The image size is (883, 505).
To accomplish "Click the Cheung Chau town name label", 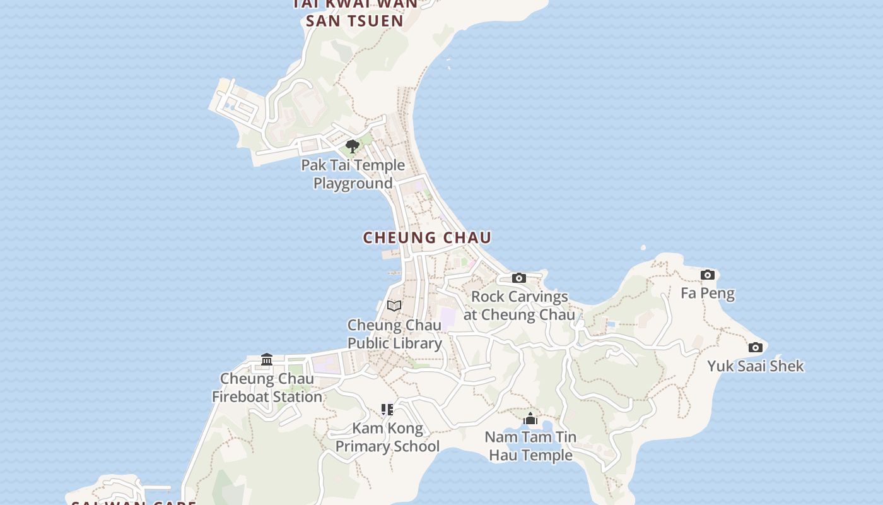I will (427, 237).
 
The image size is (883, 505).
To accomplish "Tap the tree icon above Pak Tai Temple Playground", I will (353, 147).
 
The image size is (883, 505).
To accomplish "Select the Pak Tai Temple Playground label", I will (353, 174).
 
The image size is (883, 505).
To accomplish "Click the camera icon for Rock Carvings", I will (518, 278).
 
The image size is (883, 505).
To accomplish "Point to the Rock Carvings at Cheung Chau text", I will (519, 306).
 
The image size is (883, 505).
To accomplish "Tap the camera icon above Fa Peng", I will (708, 275).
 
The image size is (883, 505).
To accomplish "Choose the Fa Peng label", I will (708, 293).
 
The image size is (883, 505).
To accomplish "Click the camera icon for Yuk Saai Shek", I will (755, 347).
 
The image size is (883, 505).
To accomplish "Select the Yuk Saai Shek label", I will (755, 366).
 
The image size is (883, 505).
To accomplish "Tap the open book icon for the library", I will (394, 306).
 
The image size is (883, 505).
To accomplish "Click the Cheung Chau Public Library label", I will (395, 334).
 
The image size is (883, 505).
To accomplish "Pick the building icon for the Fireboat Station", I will (267, 360).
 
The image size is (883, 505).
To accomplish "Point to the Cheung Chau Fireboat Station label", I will (267, 388).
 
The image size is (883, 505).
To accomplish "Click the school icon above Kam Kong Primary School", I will (387, 410).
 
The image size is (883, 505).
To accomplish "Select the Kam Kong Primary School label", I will (387, 437).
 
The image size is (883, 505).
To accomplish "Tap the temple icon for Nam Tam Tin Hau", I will (530, 419).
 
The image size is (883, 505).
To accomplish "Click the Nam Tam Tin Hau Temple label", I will (530, 446).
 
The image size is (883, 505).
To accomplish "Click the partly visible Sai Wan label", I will (132, 502).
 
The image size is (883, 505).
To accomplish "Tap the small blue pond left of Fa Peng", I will (611, 324).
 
